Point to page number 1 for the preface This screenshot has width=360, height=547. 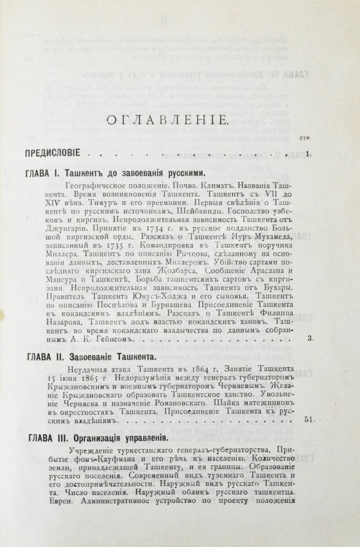coord(308,155)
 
